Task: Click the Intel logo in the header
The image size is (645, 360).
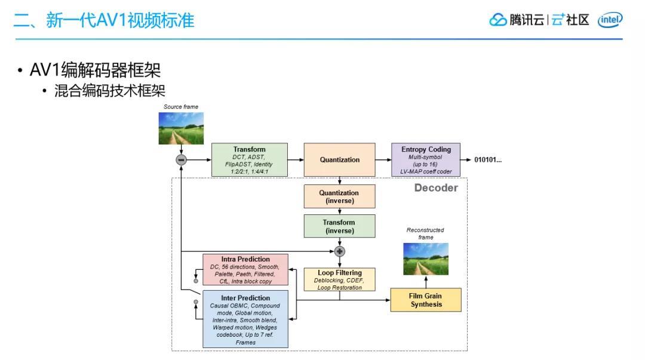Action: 610,20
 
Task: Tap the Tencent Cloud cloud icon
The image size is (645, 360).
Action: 497,20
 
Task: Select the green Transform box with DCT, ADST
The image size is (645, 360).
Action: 250,160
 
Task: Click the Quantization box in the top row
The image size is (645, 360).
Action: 339,160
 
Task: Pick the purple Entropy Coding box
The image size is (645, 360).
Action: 426,160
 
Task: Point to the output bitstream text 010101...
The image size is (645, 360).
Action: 488,160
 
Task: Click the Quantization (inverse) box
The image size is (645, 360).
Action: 339,196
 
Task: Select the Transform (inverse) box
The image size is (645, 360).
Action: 339,227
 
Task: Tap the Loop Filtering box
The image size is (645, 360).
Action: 339,279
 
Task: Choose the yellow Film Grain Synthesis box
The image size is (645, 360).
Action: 426,300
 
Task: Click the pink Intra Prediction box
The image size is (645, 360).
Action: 245,270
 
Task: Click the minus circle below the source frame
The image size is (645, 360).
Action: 181,160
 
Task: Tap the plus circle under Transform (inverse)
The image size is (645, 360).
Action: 339,251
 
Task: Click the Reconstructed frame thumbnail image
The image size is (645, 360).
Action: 426,259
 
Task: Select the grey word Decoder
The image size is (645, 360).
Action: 436,188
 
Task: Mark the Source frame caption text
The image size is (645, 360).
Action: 181,107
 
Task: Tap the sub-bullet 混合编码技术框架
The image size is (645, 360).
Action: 109,91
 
